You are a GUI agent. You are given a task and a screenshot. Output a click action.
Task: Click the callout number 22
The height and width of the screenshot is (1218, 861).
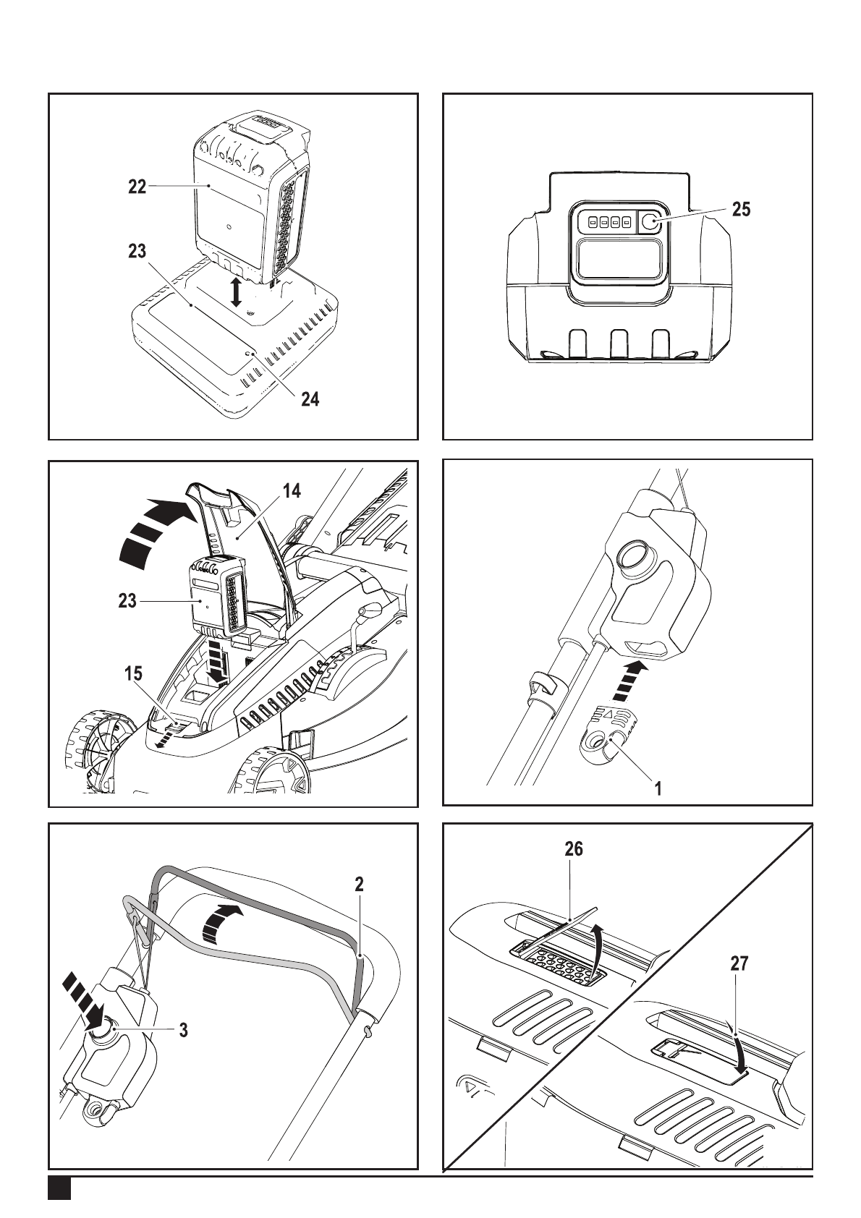(137, 187)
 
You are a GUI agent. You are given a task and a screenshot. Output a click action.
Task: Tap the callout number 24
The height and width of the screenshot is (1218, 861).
(310, 400)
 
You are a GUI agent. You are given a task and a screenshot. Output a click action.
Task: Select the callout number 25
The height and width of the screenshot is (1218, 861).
(741, 209)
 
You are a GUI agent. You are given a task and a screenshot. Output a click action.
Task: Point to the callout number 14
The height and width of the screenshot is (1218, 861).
(292, 491)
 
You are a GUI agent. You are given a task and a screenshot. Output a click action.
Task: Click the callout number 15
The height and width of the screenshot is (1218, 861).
(133, 673)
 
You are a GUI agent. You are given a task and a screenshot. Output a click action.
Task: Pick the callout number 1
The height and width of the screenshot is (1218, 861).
(658, 788)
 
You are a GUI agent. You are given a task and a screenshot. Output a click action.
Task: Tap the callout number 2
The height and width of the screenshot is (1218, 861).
(359, 885)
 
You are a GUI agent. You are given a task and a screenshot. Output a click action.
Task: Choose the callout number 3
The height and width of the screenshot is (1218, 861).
(184, 1030)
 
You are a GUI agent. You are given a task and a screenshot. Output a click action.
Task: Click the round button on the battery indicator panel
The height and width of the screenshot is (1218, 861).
(648, 221)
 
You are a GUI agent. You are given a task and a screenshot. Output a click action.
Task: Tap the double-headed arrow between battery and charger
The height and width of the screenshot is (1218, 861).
(236, 292)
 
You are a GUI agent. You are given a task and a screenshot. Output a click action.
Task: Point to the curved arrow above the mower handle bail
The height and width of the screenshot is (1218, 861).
(220, 923)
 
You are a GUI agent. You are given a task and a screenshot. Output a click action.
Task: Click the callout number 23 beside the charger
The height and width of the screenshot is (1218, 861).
(137, 251)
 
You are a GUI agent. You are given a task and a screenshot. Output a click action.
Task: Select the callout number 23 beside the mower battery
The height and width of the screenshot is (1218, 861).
(128, 601)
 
